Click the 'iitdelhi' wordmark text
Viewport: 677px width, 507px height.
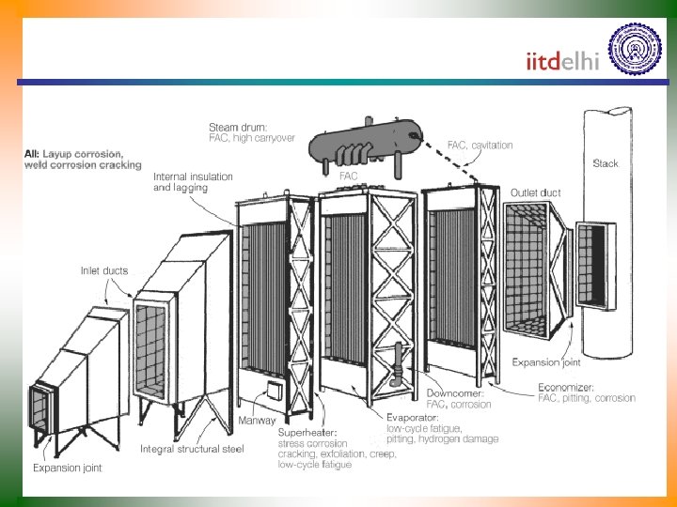click(562, 62)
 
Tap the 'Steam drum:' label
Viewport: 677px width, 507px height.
click(237, 127)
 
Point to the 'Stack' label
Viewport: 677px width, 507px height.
click(606, 163)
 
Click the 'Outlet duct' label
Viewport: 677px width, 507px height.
click(535, 193)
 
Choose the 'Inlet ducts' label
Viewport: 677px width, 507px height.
click(103, 271)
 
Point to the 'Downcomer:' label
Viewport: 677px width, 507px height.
click(457, 394)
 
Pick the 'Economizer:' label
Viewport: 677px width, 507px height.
click(566, 387)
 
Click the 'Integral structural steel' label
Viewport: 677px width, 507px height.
click(192, 450)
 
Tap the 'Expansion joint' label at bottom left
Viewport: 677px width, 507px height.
click(68, 467)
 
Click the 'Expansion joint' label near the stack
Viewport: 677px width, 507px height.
click(545, 361)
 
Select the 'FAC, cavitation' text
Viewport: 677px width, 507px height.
click(480, 146)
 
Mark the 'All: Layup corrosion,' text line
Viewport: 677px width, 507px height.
click(73, 153)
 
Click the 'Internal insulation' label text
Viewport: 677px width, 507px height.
click(194, 177)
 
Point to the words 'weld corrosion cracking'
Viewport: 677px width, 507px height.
click(83, 165)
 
